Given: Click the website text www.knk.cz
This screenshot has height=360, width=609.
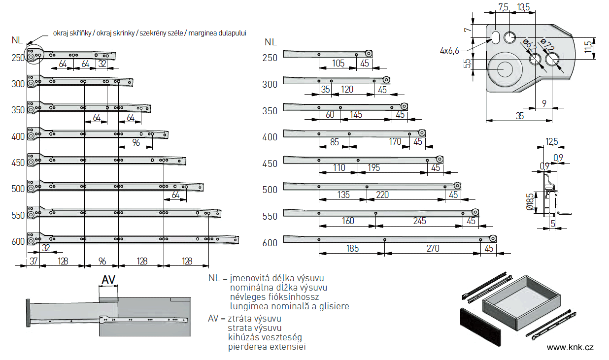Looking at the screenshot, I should (x=570, y=347).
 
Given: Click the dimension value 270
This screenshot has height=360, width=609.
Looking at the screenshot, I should (x=432, y=249).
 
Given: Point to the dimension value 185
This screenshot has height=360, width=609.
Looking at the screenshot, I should (x=352, y=249).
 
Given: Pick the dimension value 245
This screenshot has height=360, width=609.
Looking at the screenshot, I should (x=419, y=221).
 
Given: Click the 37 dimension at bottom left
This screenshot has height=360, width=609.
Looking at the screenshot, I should (x=33, y=261).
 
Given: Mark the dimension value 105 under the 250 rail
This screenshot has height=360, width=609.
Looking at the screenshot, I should (x=338, y=63).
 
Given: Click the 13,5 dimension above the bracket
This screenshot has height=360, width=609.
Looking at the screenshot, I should (x=524, y=7).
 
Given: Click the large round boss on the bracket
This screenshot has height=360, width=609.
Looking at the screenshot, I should (x=504, y=68).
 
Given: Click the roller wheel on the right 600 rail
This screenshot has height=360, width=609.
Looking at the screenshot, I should (x=492, y=239).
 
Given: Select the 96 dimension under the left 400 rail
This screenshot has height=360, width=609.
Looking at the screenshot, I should (x=135, y=143).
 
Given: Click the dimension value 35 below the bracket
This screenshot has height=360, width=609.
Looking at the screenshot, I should (x=520, y=116).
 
